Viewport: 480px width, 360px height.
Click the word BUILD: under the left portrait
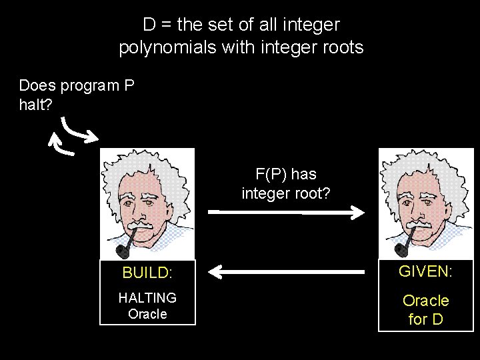pyautogui.click(x=147, y=273)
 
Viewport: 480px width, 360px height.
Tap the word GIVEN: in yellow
pyautogui.click(x=425, y=271)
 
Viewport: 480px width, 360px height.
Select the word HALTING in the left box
pyautogui.click(x=147, y=298)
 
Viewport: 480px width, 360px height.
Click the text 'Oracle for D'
pyautogui.click(x=426, y=310)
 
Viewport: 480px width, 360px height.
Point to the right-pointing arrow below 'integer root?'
pyautogui.click(x=287, y=212)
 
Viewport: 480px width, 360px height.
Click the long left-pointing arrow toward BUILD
pyautogui.click(x=287, y=271)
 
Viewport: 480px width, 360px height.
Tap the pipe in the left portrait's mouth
pyautogui.click(x=125, y=246)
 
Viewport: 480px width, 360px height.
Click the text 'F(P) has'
pyautogui.click(x=286, y=175)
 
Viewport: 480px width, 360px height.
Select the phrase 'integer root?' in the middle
pyautogui.click(x=286, y=193)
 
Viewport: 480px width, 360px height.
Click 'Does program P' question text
pyautogui.click(x=77, y=86)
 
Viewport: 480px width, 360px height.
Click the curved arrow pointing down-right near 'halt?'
pyautogui.click(x=79, y=131)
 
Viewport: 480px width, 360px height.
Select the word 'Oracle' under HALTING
pyautogui.click(x=147, y=314)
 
